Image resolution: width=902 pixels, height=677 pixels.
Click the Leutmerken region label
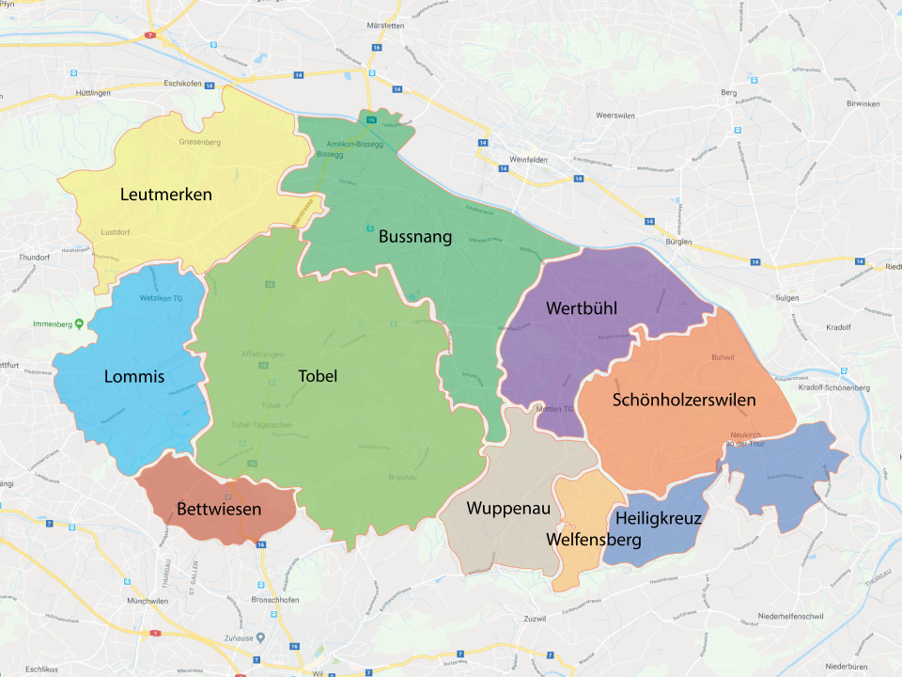click(x=166, y=195)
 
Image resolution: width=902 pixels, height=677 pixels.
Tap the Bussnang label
click(x=415, y=237)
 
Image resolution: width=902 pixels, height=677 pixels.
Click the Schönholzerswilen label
click(x=684, y=400)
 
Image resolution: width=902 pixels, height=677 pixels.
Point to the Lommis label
click(x=134, y=377)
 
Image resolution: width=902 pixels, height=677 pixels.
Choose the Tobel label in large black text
click(x=318, y=375)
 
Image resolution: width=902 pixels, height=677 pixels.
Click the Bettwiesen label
click(x=219, y=510)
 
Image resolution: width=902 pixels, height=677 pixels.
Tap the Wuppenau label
click(x=508, y=509)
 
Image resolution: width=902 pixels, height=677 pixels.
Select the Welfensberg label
click(x=594, y=540)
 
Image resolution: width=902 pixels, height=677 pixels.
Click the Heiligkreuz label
click(x=659, y=518)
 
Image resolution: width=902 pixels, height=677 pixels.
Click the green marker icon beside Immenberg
click(x=80, y=323)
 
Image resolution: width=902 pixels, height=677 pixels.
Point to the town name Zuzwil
click(x=531, y=620)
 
